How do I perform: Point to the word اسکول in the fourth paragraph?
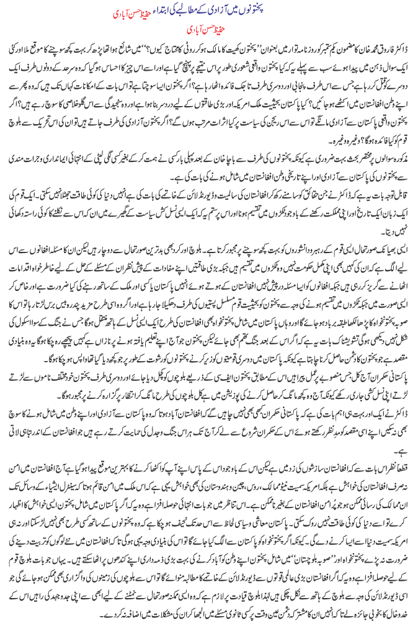coord(53,323)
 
